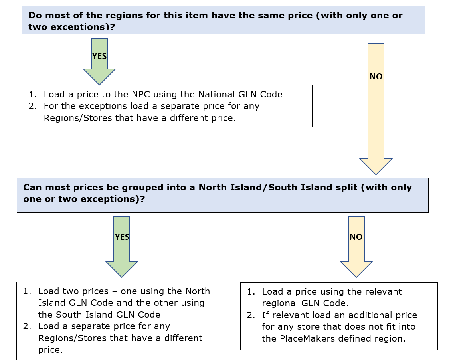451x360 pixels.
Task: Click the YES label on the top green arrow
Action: (99, 56)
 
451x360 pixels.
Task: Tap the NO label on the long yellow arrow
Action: (376, 77)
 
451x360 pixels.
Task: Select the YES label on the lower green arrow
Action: (122, 237)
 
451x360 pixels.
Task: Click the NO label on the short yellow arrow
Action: (356, 237)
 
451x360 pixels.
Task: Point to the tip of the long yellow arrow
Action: (376, 174)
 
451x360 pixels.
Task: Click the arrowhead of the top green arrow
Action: (99, 77)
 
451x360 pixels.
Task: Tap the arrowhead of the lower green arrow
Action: (122, 269)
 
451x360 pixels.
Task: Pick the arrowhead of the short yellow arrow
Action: (356, 269)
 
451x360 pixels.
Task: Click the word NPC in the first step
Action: (141, 94)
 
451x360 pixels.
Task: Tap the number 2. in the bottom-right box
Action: (251, 315)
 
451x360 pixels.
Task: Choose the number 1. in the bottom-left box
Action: (27, 291)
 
